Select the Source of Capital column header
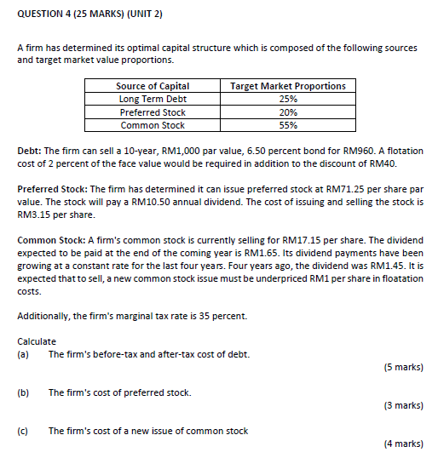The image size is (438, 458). [153, 86]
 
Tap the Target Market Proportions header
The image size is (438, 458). [288, 86]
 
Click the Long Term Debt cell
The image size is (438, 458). [153, 99]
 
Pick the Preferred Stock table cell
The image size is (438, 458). [153, 112]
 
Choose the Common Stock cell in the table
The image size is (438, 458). [153, 125]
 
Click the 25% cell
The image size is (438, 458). [288, 99]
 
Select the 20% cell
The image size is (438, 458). [288, 112]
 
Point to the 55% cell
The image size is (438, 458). [288, 125]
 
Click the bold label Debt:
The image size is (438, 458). [30, 152]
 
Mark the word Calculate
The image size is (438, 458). [37, 341]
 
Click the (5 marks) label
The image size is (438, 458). [403, 368]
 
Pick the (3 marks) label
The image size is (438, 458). [403, 405]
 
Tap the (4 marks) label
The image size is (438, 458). [403, 444]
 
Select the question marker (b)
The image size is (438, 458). [23, 392]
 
